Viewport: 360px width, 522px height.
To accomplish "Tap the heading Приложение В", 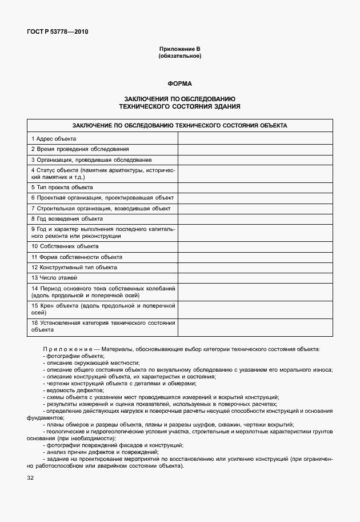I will coord(179,50).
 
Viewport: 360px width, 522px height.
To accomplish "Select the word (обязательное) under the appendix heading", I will coord(179,56).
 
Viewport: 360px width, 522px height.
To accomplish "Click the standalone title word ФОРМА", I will coord(179,83).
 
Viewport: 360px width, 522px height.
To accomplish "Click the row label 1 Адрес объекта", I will coord(54,139).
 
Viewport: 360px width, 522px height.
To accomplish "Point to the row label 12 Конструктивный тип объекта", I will coord(74,267).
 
